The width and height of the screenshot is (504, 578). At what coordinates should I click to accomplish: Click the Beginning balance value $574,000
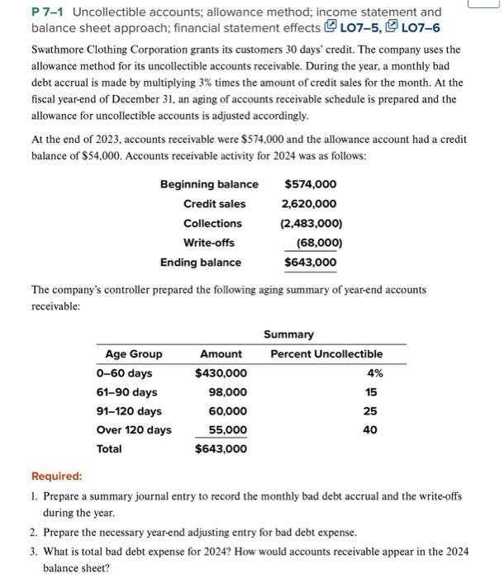(311, 184)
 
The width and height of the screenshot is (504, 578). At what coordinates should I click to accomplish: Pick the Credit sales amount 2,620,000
(309, 204)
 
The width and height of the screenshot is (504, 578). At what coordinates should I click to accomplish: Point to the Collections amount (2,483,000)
(311, 224)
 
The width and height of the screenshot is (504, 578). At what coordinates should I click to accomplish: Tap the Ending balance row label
(201, 263)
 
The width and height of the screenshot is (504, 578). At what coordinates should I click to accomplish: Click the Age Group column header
(134, 354)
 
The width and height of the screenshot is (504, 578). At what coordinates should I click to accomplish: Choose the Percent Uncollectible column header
(326, 354)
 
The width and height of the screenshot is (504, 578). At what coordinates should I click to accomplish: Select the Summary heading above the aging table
(288, 334)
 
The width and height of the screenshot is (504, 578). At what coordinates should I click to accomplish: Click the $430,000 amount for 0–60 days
(221, 373)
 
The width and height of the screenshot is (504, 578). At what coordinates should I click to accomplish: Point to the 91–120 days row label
(129, 411)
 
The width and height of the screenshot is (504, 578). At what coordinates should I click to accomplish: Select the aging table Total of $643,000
(221, 449)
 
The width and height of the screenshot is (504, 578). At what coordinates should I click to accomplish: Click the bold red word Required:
(56, 476)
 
